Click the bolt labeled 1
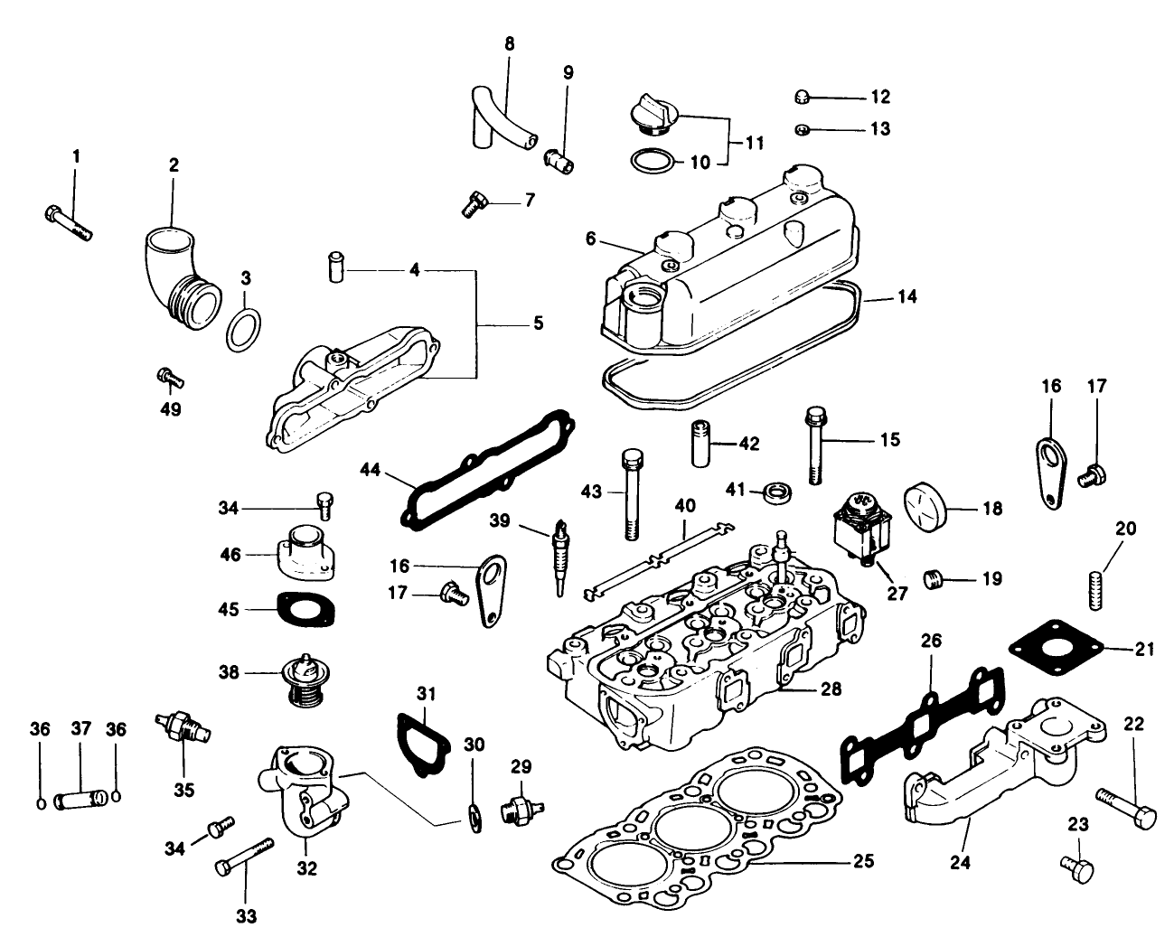click(x=69, y=220)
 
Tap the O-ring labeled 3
click(x=243, y=331)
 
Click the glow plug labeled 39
click(x=561, y=555)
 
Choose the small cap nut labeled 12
click(x=803, y=98)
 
